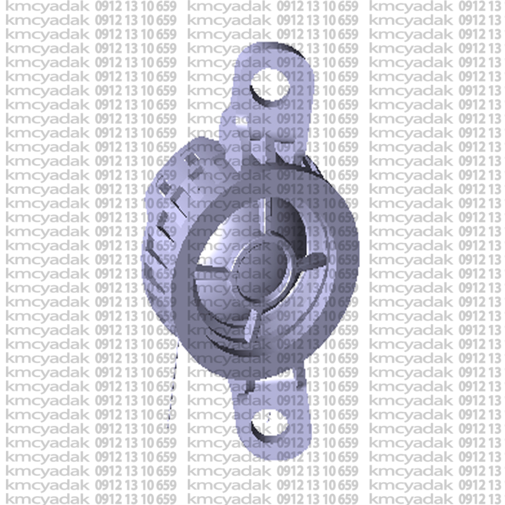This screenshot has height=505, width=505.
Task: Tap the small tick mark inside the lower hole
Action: (x=269, y=417)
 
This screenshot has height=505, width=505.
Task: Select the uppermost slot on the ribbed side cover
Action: (x=193, y=158)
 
